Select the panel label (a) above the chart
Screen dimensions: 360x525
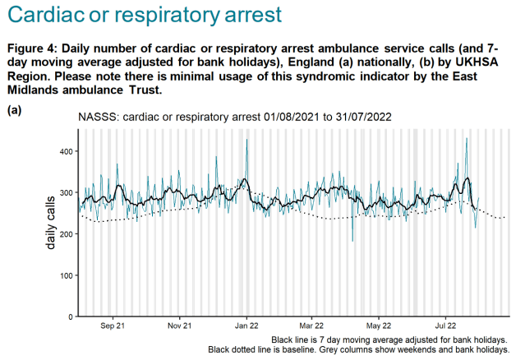(x=14, y=108)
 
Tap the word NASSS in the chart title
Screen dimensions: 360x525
(x=97, y=117)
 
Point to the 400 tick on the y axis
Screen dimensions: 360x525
(x=66, y=151)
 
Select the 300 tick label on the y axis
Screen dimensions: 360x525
(x=66, y=192)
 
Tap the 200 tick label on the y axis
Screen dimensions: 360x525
(x=66, y=234)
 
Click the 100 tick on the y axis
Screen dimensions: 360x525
(x=66, y=275)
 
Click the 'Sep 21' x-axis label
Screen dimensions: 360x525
(x=112, y=326)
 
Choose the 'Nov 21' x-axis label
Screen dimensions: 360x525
(x=179, y=326)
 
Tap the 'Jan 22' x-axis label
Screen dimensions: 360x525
(x=246, y=326)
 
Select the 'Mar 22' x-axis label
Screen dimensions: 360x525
(x=311, y=326)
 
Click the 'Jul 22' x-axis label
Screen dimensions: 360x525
(x=446, y=326)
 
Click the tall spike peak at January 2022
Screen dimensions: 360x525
(x=246, y=141)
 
